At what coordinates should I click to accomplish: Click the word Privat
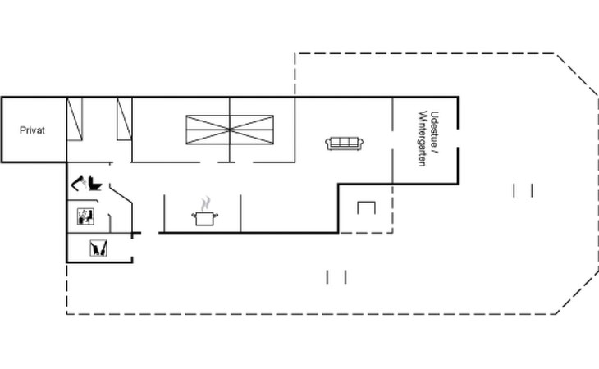[x=32, y=130]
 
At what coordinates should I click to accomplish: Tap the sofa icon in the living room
[x=344, y=143]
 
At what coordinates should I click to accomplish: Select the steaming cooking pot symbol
[x=205, y=212]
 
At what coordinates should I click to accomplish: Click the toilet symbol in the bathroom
[x=94, y=184]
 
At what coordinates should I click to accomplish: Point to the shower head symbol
[x=78, y=183]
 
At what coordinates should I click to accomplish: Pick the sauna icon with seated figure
[x=85, y=216]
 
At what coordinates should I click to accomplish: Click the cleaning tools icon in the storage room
[x=98, y=248]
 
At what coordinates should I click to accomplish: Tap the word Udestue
[x=434, y=130]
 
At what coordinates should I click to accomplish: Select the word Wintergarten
[x=423, y=139]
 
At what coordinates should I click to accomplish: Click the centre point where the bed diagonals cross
[x=230, y=130]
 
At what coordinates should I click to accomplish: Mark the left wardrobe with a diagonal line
[x=75, y=119]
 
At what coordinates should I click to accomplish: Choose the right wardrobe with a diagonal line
[x=125, y=119]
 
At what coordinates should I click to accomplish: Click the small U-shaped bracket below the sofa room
[x=366, y=208]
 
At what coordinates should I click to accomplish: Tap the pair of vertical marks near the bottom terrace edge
[x=336, y=277]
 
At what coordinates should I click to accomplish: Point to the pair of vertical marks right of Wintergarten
[x=524, y=190]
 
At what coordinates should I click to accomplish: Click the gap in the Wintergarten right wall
[x=458, y=138]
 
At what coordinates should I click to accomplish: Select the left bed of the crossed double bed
[x=208, y=130]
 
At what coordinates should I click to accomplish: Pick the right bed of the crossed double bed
[x=252, y=130]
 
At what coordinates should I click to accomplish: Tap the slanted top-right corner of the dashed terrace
[x=577, y=75]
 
